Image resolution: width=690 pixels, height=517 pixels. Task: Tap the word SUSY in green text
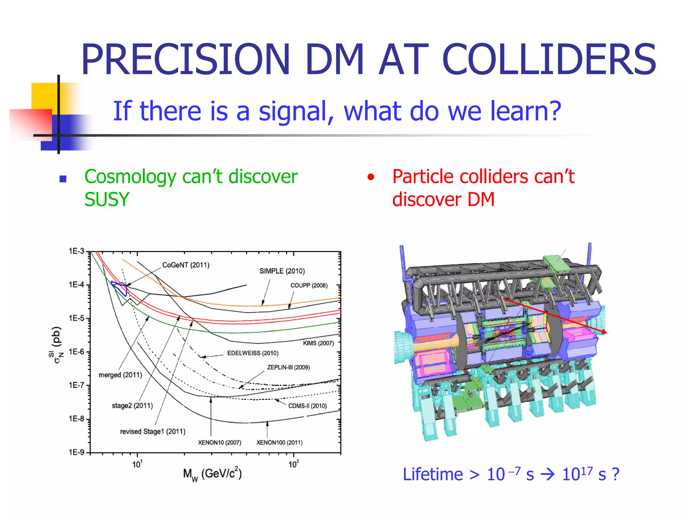[107, 199]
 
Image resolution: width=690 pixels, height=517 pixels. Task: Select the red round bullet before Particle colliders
[371, 177]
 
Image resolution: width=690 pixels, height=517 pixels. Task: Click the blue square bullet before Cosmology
[63, 179]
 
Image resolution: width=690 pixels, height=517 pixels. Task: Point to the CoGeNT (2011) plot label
[186, 265]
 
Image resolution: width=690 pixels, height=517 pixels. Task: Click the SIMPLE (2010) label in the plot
[282, 271]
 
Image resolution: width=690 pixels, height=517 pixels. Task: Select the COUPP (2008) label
[309, 285]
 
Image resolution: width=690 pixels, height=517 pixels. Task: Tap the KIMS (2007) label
[318, 343]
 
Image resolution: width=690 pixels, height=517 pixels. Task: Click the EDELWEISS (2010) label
[253, 353]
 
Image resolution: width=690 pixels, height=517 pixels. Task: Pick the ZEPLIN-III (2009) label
[288, 367]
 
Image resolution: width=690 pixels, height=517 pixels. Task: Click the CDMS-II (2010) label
[307, 406]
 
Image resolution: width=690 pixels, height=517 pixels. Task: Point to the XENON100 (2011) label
[279, 443]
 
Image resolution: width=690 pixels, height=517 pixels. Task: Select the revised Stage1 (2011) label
[153, 432]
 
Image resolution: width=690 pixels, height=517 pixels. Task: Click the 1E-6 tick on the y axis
[76, 352]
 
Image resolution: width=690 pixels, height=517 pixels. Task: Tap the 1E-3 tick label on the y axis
[76, 251]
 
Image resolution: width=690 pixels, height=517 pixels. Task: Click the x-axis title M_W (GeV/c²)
[212, 474]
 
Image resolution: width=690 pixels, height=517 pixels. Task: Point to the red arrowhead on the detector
[604, 332]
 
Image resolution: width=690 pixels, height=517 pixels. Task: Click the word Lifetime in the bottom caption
[433, 475]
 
